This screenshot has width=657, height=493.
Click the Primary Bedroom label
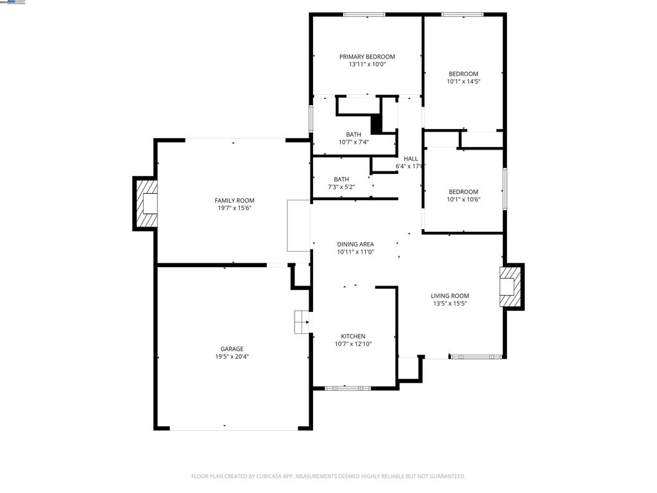[367, 56]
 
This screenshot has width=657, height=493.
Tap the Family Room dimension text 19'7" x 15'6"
[234, 208]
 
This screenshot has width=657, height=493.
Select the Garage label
[232, 349]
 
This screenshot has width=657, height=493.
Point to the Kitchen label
[353, 336]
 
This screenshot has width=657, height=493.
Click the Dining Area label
[355, 244]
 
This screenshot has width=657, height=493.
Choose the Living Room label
[449, 296]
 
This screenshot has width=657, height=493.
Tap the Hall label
[411, 159]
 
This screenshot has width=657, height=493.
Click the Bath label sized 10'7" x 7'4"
[354, 134]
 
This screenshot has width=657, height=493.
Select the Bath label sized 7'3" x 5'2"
[341, 179]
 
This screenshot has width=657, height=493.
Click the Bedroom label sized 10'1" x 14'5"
[463, 74]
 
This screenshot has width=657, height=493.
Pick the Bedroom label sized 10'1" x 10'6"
[463, 192]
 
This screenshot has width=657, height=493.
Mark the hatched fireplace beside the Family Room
[146, 203]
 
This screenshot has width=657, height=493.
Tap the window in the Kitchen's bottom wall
[347, 388]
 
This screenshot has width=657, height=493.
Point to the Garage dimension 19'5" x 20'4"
[232, 357]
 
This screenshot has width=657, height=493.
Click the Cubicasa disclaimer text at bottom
[328, 476]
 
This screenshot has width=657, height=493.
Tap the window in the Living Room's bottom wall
[475, 356]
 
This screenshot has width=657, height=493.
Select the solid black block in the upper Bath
[377, 124]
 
